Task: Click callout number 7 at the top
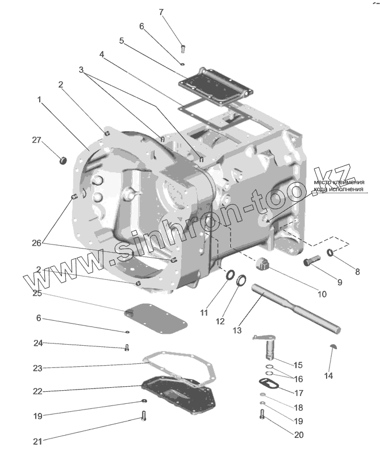pos(161,12)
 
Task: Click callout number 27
pos(37,140)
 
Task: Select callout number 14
pos(328,375)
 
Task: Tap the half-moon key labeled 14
pos(333,349)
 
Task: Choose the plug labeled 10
pos(263,264)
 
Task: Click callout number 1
pos(39,100)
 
